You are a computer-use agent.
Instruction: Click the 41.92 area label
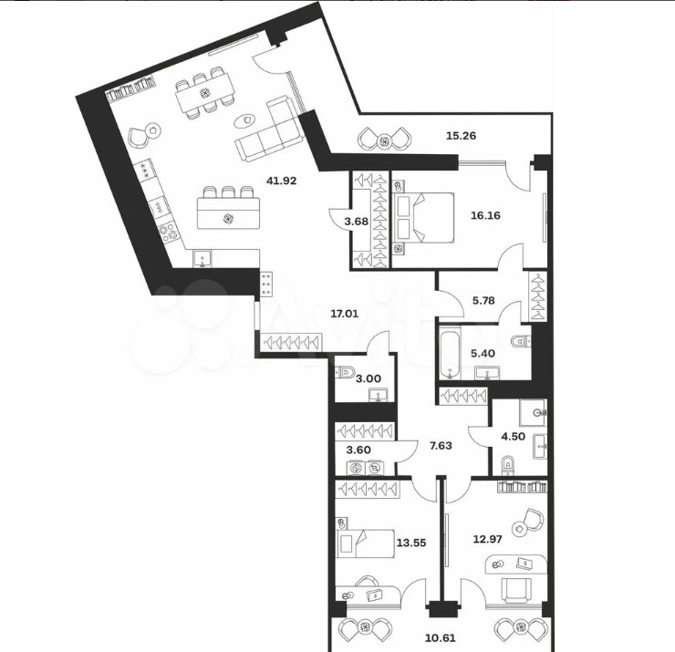point(282,181)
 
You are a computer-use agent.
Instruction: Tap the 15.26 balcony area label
point(461,136)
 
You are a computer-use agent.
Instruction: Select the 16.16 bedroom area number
point(485,215)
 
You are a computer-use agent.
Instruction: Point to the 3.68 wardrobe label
point(357,222)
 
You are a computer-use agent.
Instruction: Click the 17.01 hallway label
point(345,314)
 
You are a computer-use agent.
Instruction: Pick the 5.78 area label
point(483,300)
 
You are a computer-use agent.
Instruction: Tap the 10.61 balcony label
point(440,637)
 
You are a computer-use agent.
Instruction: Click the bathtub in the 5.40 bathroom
point(451,353)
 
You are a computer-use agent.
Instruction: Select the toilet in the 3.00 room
point(346,371)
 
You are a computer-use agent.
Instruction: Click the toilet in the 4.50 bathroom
point(508,464)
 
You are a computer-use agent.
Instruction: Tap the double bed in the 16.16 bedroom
point(423,217)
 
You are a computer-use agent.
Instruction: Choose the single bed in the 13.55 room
point(366,543)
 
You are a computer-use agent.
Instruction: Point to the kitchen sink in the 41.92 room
point(202,259)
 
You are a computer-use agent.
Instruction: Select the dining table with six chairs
point(205,93)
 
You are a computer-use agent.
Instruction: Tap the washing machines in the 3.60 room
point(366,468)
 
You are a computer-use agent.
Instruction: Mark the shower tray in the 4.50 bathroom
point(533,413)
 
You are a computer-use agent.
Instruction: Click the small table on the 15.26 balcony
point(384,140)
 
